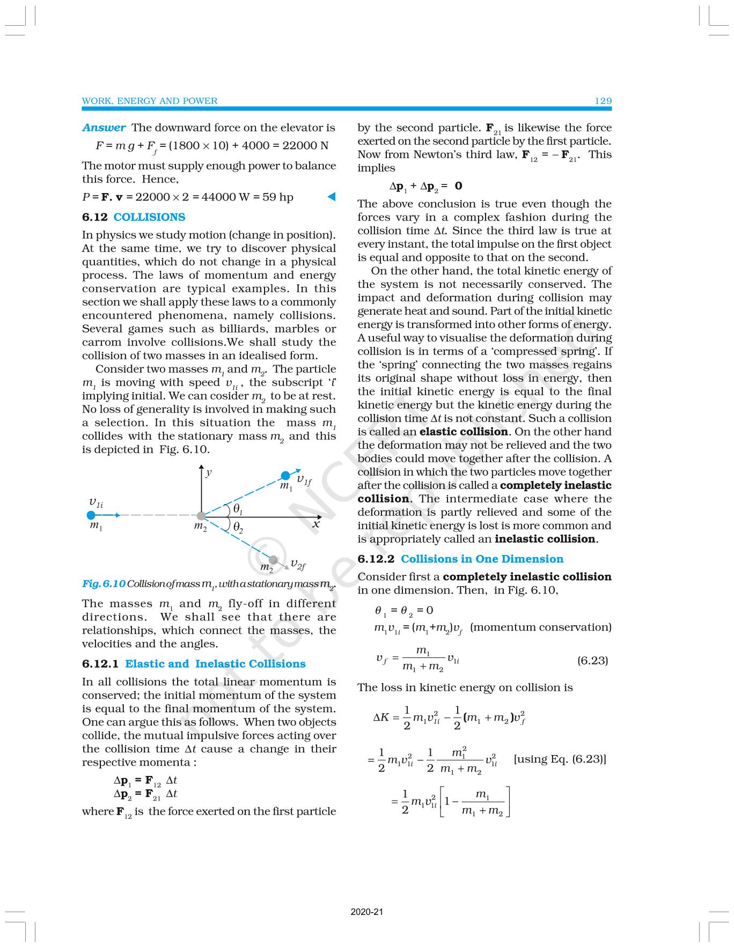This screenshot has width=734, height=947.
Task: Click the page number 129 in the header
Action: pos(603,101)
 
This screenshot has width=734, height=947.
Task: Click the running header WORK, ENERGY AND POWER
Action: pos(149,101)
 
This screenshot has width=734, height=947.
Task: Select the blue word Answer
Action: pos(104,128)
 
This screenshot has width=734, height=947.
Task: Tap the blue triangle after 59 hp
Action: pos(332,197)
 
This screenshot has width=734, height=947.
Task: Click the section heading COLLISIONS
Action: pos(149,217)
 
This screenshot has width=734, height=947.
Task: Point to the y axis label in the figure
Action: pos(209,472)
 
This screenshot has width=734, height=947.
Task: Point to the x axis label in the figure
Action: pos(317,524)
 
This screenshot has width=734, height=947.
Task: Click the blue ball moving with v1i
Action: pos(91,515)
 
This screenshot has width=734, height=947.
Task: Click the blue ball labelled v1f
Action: pos(285,476)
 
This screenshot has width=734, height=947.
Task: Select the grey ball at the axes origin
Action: pos(201,516)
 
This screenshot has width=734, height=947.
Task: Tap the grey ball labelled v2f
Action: pos(273,560)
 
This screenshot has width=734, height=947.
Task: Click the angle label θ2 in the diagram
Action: pos(238,527)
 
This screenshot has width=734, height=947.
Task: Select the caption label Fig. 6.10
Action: pos(104,584)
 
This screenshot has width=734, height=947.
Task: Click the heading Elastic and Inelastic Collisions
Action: pos(215,664)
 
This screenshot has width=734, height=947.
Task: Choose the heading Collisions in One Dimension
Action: pos(482,559)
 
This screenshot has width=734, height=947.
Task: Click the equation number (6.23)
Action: pos(592,660)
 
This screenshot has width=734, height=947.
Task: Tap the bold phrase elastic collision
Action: pos(464,432)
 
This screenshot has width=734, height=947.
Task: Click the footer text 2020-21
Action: pos(367,911)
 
